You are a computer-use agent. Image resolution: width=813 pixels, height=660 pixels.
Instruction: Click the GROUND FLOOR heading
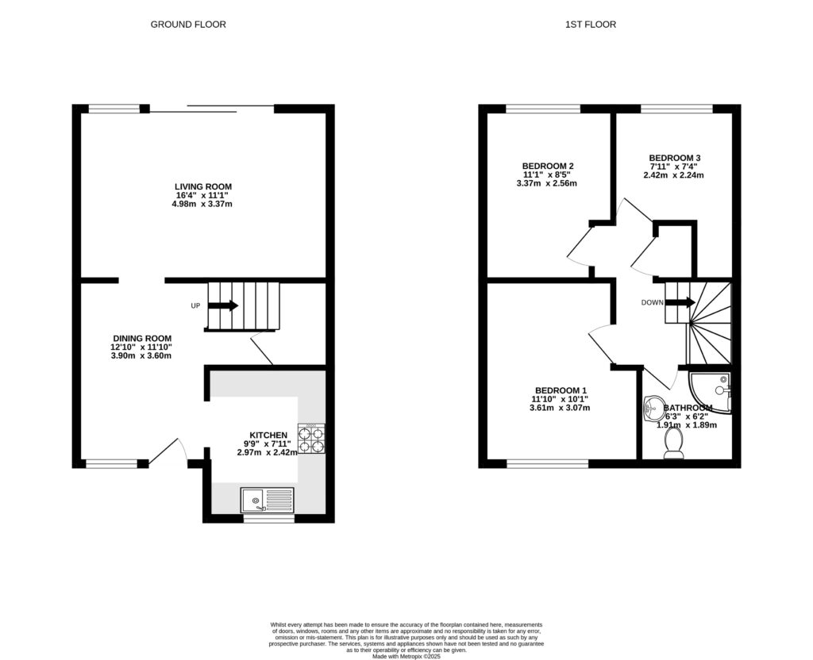tap(188, 25)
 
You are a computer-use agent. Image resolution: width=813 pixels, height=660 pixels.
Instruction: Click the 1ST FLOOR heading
tap(591, 25)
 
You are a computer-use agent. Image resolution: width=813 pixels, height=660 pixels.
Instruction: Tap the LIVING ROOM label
tap(203, 186)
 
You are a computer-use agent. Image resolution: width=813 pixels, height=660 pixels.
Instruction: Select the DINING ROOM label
tap(142, 339)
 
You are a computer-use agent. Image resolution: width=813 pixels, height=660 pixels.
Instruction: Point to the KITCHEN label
tap(268, 436)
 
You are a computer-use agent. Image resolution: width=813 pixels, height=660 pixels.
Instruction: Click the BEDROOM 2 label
tap(548, 166)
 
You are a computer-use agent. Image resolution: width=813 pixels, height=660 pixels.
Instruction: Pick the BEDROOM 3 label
tap(675, 158)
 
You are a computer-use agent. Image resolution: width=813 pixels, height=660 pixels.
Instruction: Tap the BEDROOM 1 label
tap(561, 390)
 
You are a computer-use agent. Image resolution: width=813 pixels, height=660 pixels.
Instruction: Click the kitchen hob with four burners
tap(311, 439)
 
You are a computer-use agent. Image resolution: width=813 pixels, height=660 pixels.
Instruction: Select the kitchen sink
tap(268, 500)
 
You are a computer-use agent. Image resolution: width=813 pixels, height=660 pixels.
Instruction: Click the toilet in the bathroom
tap(673, 445)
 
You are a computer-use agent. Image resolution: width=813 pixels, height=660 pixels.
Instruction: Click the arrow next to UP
tap(223, 305)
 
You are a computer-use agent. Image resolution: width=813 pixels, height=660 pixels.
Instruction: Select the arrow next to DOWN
tap(680, 302)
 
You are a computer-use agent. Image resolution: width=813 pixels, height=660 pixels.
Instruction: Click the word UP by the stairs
tap(195, 305)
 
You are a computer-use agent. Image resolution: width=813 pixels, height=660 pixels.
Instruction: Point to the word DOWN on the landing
tap(653, 302)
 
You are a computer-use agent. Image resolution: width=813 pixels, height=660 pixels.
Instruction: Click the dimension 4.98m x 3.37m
tap(202, 204)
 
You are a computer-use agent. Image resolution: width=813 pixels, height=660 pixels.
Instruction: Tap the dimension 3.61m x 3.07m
tap(560, 408)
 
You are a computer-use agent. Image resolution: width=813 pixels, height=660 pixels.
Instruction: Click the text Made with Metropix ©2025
tap(406, 656)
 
